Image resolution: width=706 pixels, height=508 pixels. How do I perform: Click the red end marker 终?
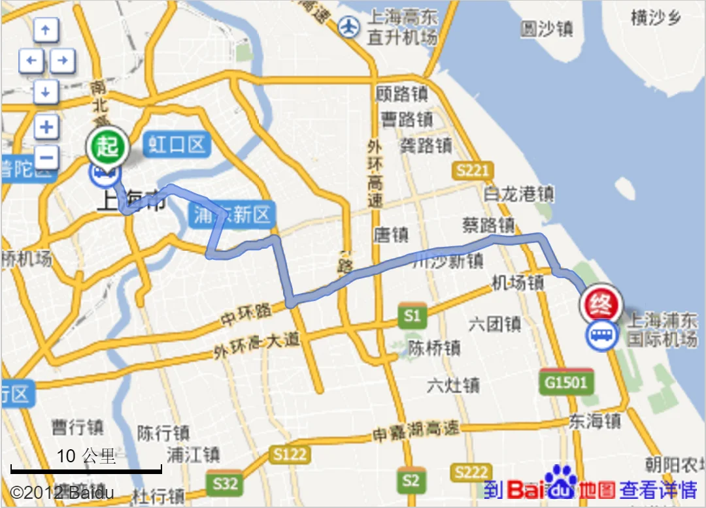600,304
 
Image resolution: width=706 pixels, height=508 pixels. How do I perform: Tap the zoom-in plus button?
46,127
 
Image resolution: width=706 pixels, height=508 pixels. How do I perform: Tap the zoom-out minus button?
46,157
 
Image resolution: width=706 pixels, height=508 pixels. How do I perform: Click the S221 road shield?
472,171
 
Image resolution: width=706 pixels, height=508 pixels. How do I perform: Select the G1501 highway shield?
566,382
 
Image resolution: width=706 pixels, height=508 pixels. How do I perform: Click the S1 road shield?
412,317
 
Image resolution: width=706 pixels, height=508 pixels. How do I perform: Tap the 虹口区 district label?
176,144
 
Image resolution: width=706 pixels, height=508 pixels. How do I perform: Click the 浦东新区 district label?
232,215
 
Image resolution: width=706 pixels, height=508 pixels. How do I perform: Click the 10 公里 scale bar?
86,469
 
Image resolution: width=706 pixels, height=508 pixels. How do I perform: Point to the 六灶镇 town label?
452,385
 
